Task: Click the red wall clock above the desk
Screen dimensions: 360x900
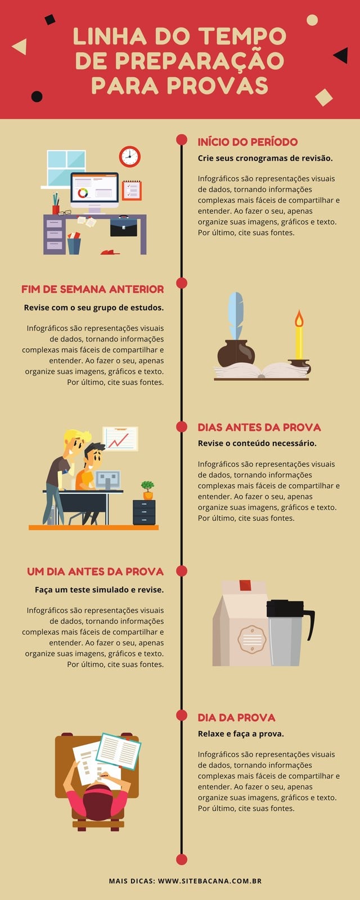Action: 130,157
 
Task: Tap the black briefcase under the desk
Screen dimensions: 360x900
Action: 124,227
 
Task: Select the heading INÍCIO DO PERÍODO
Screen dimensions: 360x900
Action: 247,142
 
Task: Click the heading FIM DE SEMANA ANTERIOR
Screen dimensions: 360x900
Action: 92,289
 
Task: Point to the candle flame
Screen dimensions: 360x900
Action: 299,318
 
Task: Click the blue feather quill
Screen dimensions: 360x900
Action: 236,316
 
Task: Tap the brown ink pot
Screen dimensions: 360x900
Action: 236,353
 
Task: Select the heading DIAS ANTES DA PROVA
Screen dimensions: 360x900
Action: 259,427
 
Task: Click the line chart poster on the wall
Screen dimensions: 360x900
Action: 120,439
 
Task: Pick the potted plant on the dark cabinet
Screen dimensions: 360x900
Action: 148,490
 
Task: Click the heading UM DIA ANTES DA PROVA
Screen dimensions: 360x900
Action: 95,571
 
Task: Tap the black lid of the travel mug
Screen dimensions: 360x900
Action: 285,608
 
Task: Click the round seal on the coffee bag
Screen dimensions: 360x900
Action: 252,639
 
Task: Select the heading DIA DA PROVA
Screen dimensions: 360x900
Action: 236,718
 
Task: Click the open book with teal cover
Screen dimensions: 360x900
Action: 119,751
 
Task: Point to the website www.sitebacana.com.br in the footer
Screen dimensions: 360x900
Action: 210,881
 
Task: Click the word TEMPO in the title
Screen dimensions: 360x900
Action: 242,37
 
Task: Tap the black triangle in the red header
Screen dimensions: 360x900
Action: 341,56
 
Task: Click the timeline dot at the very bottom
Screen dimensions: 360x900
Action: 182,859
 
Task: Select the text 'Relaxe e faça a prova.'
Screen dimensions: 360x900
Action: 241,733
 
